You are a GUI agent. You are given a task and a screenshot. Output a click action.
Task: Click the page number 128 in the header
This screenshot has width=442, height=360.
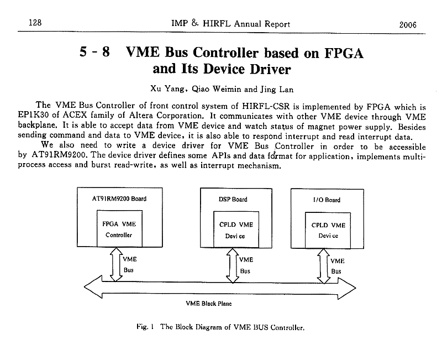tap(27, 24)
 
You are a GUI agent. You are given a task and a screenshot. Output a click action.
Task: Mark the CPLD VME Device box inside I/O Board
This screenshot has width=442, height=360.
tap(328, 230)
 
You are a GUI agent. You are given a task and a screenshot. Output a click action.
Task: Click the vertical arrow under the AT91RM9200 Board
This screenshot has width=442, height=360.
tap(115, 264)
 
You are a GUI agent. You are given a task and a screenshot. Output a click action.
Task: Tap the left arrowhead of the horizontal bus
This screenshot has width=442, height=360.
tap(91, 286)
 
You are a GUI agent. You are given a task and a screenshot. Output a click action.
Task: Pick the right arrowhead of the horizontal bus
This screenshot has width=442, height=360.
tap(351, 286)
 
